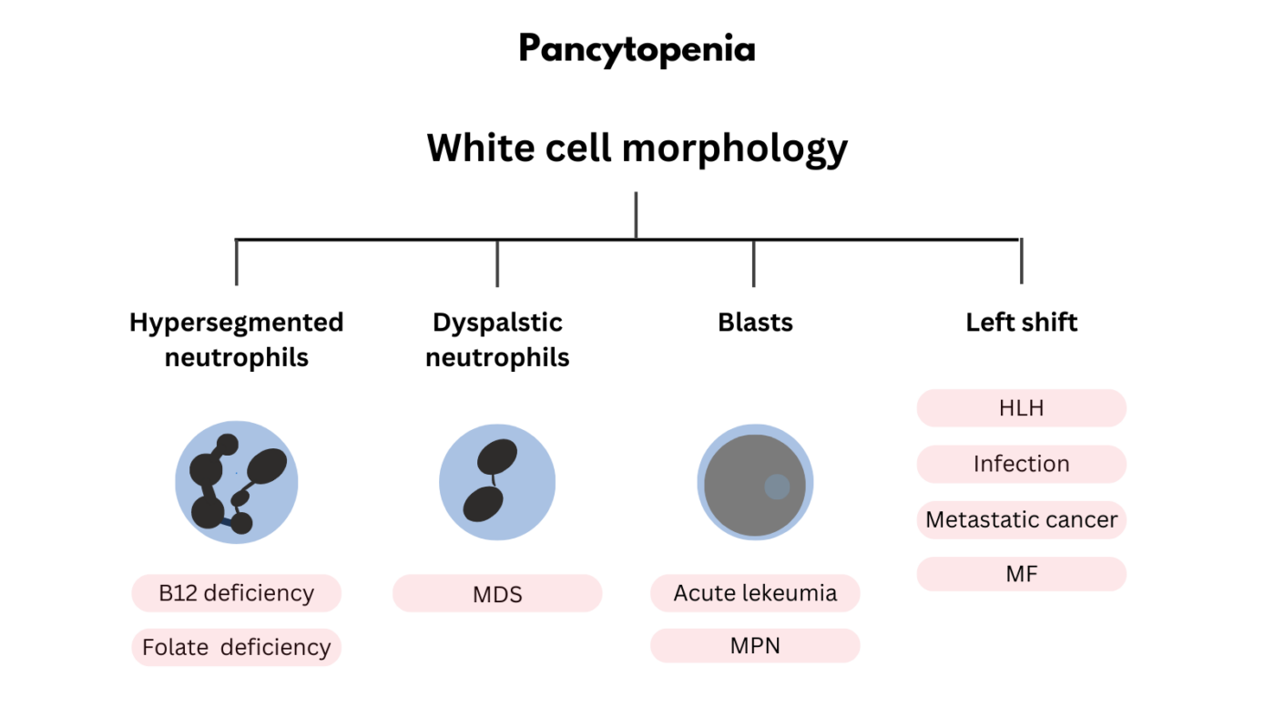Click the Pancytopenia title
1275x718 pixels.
pyautogui.click(x=637, y=49)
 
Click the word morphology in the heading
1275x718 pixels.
pyautogui.click(x=738, y=148)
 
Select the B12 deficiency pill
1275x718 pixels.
pyautogui.click(x=236, y=593)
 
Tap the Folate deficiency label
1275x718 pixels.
pyautogui.click(x=236, y=648)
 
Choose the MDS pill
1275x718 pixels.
pyautogui.click(x=497, y=594)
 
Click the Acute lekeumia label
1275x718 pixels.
pyautogui.click(x=755, y=593)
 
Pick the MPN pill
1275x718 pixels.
pyautogui.click(x=755, y=646)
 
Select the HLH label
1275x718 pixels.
pyautogui.click(x=1021, y=408)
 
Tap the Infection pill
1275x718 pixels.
pyautogui.click(x=1021, y=464)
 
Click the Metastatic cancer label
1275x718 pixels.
pyautogui.click(x=1021, y=519)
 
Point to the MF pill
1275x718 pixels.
pyautogui.click(x=1021, y=575)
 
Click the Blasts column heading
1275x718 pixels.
pyautogui.click(x=755, y=323)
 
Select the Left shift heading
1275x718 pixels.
pyautogui.click(x=1021, y=323)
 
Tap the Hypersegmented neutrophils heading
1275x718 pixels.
pyautogui.click(x=236, y=340)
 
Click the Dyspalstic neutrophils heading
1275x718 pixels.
pyautogui.click(x=497, y=340)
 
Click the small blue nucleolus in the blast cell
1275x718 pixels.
pyautogui.click(x=776, y=487)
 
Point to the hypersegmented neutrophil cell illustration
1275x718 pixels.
pyautogui.click(x=236, y=483)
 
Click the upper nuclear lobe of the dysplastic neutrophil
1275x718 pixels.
pyautogui.click(x=497, y=457)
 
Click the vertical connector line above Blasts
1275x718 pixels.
pyautogui.click(x=753, y=262)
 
